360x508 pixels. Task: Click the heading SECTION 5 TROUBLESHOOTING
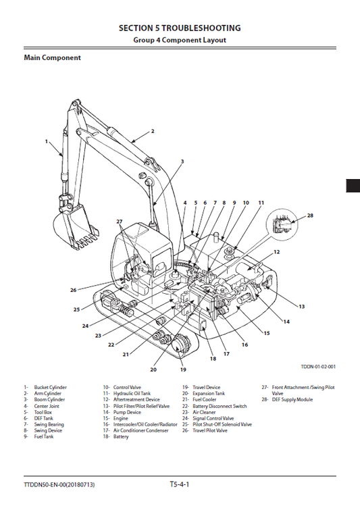[x=180, y=28]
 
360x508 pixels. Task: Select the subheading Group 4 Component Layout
[x=180, y=40]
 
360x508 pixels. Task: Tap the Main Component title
[x=52, y=58]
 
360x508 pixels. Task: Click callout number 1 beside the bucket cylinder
[x=47, y=142]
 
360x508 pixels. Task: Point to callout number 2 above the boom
[x=153, y=131]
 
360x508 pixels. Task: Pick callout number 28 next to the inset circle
[x=310, y=216]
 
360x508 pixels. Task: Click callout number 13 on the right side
[x=301, y=307]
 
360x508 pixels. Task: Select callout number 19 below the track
[x=183, y=370]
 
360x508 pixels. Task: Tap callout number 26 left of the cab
[x=73, y=290]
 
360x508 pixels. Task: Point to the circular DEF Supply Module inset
[x=283, y=226]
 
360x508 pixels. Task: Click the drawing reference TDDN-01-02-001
[x=318, y=367]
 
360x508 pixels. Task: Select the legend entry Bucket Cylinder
[x=50, y=388]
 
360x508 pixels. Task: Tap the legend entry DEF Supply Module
[x=292, y=400]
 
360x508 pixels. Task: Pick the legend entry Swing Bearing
[x=49, y=424]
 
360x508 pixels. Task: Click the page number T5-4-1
[x=180, y=484]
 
